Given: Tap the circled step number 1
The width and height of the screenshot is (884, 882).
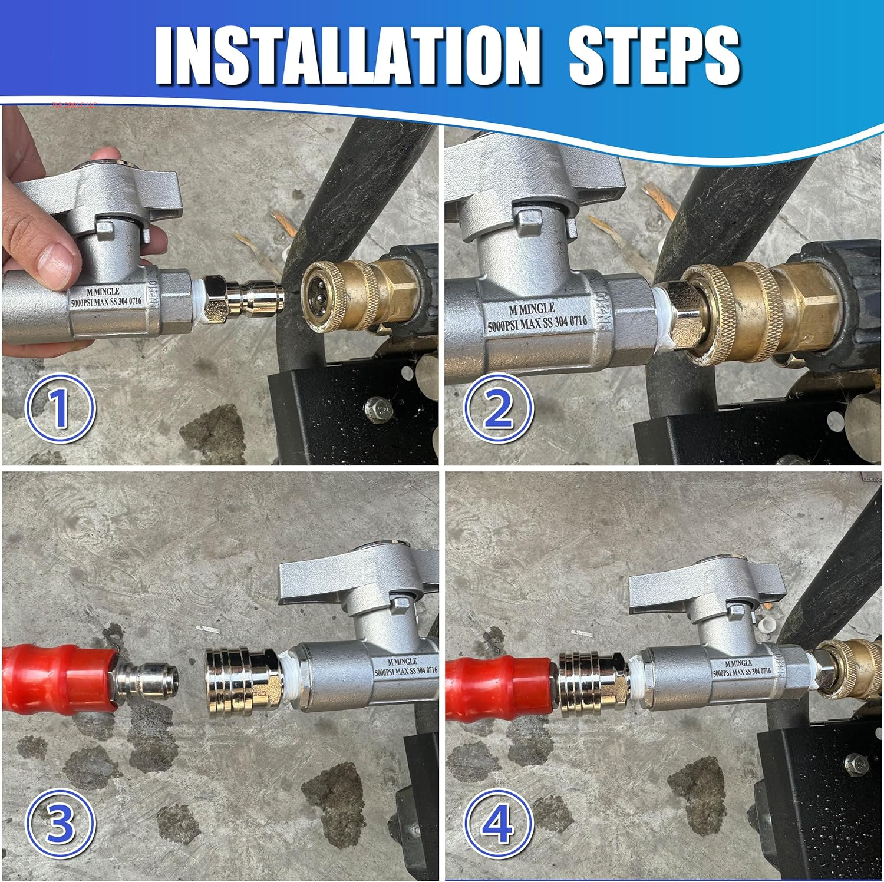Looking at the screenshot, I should pyautogui.click(x=60, y=408).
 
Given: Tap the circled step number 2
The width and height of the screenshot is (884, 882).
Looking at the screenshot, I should pyautogui.click(x=498, y=408).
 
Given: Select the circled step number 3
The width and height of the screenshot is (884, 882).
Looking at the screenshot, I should pyautogui.click(x=60, y=822).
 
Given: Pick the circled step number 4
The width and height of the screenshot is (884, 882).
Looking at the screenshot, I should pyautogui.click(x=498, y=822).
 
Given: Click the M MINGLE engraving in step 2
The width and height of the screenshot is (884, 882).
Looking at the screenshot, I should pyautogui.click(x=532, y=309).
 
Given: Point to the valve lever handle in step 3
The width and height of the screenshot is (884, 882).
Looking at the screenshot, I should pyautogui.click(x=354, y=580).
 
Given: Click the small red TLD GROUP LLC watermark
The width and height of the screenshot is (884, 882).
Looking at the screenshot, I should pyautogui.click(x=74, y=105).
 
